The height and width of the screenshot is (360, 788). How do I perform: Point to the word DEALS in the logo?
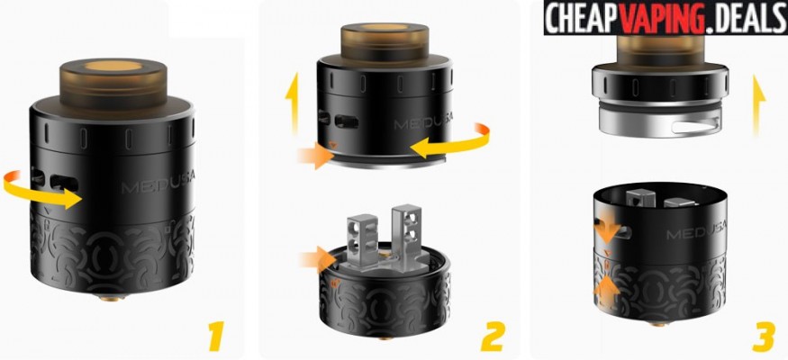[747, 19]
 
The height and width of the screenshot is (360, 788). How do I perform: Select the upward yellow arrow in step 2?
[291, 103]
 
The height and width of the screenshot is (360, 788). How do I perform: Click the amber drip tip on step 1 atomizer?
[113, 84]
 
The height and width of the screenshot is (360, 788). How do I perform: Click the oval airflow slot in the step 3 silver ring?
[693, 127]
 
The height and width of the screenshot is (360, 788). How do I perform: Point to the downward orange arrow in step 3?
[607, 229]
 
